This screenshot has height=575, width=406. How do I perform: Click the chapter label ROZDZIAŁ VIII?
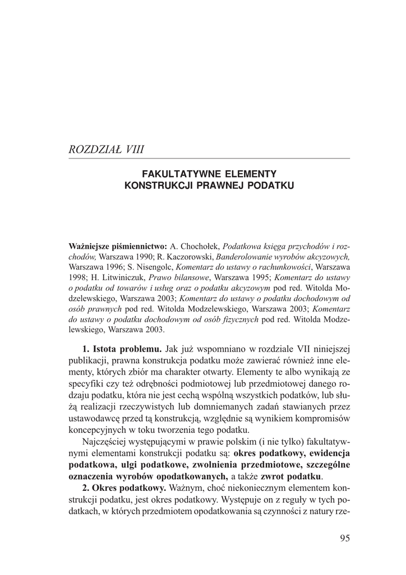[x=106, y=149]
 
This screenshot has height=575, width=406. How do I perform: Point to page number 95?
[x=344, y=539]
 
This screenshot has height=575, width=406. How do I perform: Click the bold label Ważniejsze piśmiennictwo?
[x=118, y=247]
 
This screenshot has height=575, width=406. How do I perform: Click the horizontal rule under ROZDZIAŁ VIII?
[x=209, y=159]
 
